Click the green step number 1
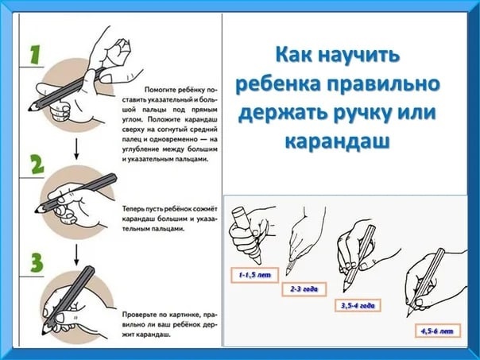point(36,55)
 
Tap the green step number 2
point(37,165)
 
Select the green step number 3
point(37,263)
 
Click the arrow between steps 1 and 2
point(76,149)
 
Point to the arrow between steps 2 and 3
point(76,254)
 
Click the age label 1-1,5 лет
point(254,275)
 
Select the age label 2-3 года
point(304,289)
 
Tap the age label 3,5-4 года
point(358,305)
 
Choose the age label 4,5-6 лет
point(437,331)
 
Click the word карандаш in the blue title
point(337,141)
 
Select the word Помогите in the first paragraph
point(158,90)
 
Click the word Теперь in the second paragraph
point(132,209)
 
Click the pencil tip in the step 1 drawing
point(30,109)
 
